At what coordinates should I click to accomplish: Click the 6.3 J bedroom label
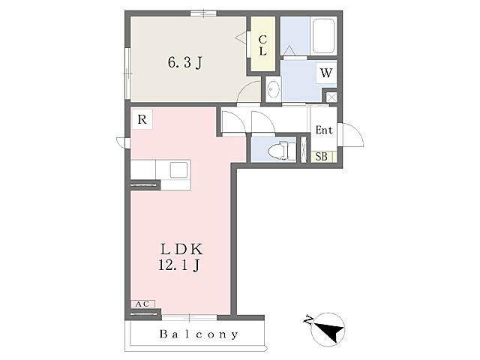(x=185, y=63)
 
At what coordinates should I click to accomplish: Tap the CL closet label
(x=262, y=45)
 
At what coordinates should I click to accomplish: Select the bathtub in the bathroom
(x=323, y=36)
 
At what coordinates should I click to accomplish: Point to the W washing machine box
(x=326, y=73)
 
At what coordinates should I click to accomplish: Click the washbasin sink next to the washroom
(x=273, y=88)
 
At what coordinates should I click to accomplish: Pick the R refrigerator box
(x=142, y=119)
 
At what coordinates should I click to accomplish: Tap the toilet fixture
(x=282, y=151)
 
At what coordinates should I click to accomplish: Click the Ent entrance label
(x=324, y=130)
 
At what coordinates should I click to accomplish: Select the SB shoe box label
(x=322, y=157)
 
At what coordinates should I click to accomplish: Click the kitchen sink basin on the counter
(x=178, y=169)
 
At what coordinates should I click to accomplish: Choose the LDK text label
(x=181, y=250)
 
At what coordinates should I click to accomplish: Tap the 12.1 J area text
(x=179, y=265)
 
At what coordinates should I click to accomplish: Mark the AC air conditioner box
(x=142, y=304)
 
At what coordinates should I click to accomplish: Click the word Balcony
(x=198, y=334)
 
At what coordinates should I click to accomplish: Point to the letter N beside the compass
(x=308, y=321)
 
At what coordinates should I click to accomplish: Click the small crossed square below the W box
(x=331, y=97)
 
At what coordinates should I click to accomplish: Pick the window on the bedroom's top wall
(x=203, y=13)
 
